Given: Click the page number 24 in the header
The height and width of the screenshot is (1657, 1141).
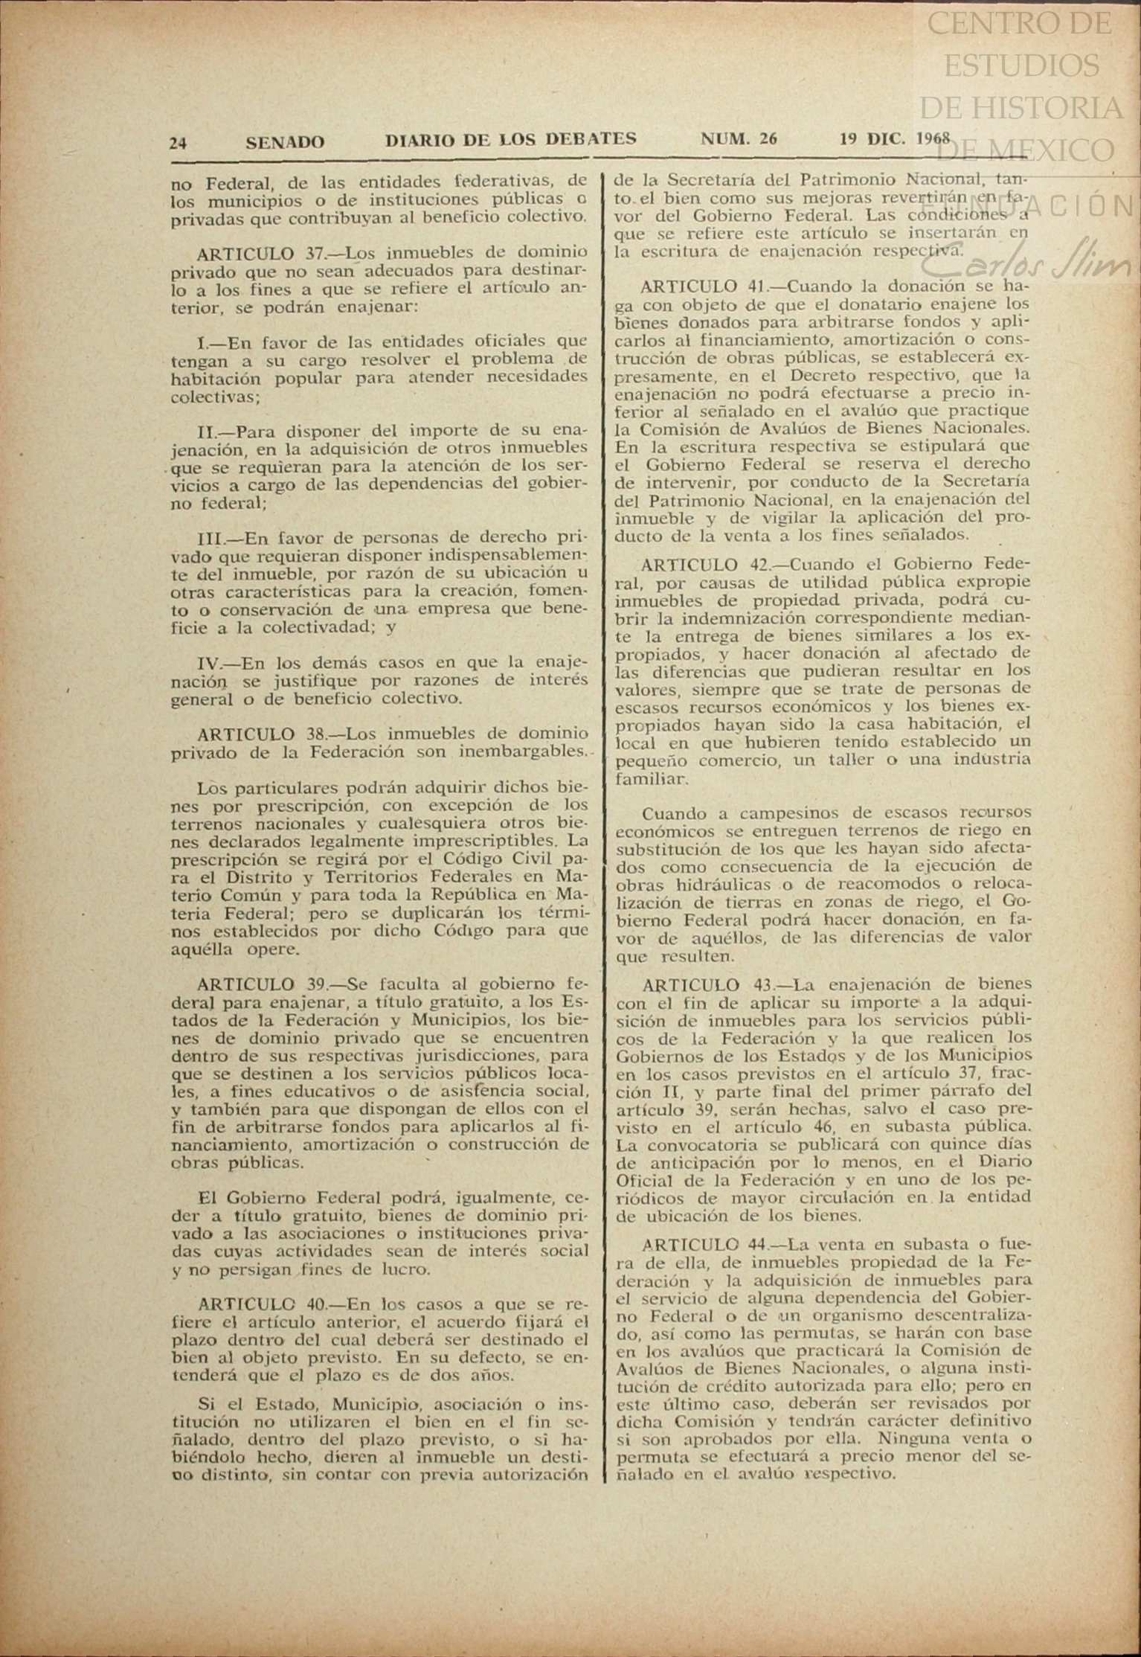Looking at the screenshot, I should click(178, 143).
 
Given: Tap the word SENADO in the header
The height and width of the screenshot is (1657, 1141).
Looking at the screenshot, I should click(285, 141).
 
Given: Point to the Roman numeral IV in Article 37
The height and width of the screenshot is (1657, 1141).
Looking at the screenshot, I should click(210, 663).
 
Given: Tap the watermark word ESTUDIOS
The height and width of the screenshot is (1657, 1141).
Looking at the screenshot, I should click(1021, 66).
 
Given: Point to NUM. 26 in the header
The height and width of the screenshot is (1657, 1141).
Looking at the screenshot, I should click(739, 139).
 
